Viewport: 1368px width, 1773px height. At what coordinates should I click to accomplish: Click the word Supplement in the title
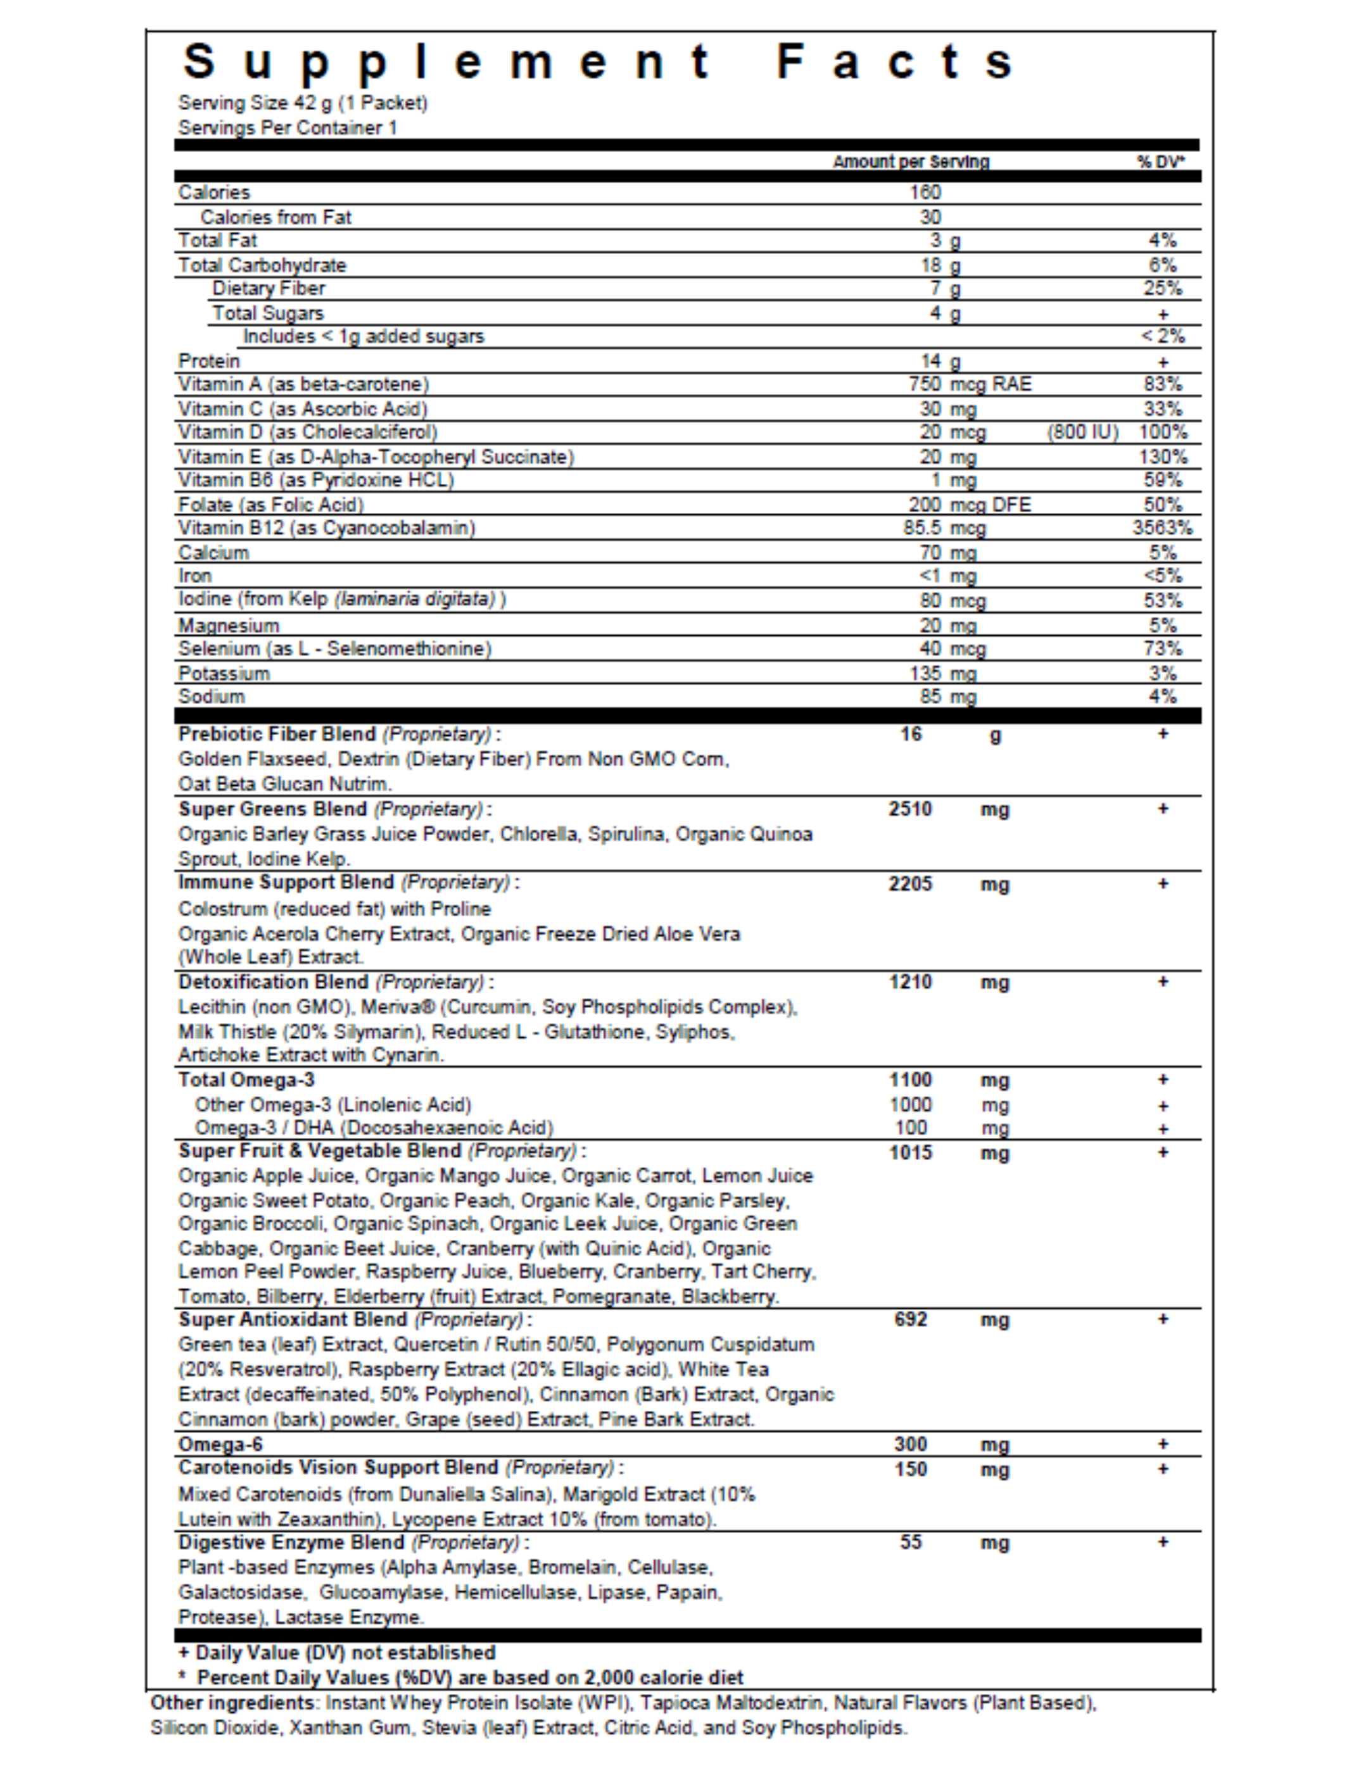pos(446,63)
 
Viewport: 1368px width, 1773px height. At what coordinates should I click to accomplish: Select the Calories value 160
pos(925,192)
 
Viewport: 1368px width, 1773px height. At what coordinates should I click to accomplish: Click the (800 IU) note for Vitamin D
pos(1082,432)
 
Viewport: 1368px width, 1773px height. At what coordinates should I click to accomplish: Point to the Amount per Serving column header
pos(910,161)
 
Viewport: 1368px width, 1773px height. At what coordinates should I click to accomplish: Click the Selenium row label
pos(334,648)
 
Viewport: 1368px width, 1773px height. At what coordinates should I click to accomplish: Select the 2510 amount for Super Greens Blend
pos(910,809)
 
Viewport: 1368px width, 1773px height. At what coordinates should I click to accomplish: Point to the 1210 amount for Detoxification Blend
pos(910,981)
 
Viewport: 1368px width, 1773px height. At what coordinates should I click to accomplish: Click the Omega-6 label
pos(220,1444)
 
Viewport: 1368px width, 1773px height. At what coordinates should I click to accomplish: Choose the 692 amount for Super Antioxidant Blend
pos(910,1319)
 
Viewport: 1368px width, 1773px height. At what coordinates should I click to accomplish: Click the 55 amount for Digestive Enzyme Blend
pos(910,1543)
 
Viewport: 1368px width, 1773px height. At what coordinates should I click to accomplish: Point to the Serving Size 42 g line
pos(303,103)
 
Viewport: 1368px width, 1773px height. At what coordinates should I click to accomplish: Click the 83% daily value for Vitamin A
pos(1162,384)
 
